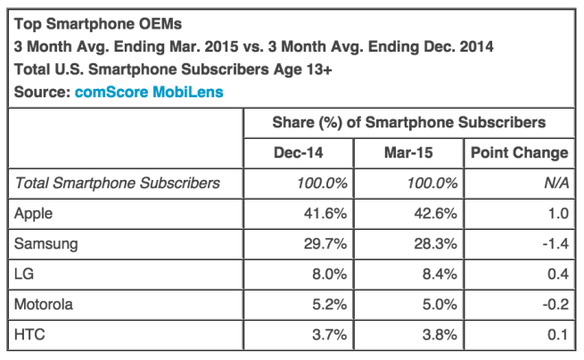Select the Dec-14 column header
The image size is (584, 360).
tap(299, 152)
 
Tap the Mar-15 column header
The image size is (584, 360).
tap(408, 152)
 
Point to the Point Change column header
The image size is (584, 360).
tap(518, 152)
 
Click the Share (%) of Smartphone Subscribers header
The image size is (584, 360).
tap(408, 122)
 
